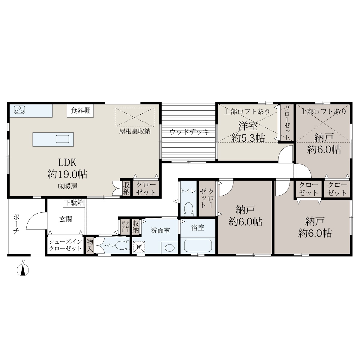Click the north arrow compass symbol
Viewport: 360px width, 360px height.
point(23,270)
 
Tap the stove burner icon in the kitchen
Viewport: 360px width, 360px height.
point(19,110)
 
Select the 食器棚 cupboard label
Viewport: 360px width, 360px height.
point(80,111)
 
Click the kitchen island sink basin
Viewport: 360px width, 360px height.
point(62,139)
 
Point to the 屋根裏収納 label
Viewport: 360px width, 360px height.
point(135,131)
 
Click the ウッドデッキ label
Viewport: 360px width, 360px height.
point(189,132)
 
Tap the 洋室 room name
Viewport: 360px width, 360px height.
point(248,126)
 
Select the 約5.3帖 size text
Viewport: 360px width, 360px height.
point(248,138)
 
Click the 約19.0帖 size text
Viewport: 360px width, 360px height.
point(67,174)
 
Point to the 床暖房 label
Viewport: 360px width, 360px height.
point(67,186)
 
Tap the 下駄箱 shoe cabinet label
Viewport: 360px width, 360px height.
point(74,203)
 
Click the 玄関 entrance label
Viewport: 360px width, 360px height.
point(66,219)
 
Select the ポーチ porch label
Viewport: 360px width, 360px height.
point(16,224)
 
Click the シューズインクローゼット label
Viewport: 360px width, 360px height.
point(65,245)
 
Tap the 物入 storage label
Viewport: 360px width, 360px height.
point(90,245)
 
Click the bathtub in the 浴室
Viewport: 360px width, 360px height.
point(198,246)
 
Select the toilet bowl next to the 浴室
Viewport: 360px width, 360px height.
point(188,208)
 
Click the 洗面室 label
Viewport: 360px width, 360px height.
point(160,230)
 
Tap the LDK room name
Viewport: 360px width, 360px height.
point(67,162)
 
